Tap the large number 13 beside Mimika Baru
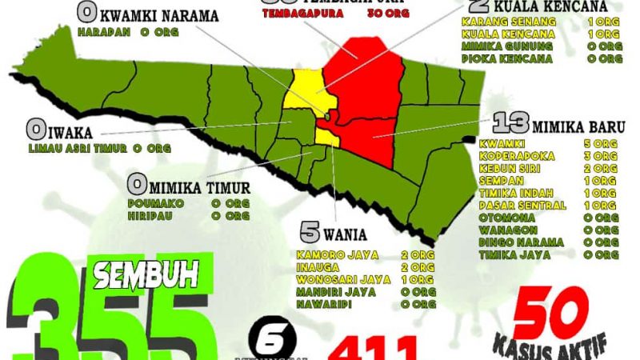coord(509,124)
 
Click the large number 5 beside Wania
coord(310,232)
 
